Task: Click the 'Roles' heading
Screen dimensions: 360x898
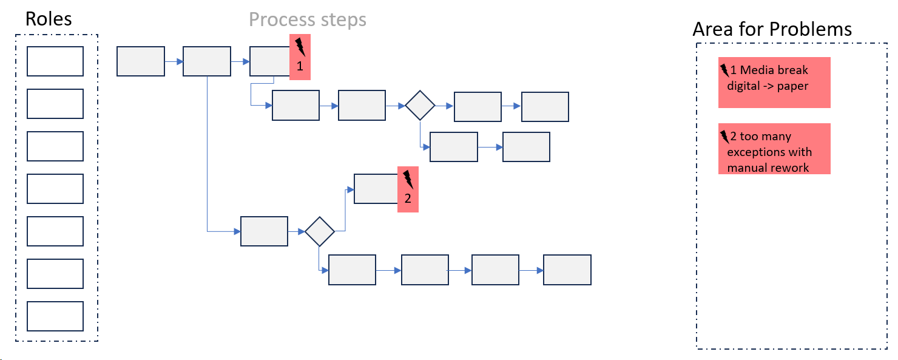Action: point(49,19)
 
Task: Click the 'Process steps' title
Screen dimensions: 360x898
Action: point(308,19)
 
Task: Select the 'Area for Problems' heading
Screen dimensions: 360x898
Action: point(772,29)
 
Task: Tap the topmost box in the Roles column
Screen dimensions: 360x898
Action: point(55,61)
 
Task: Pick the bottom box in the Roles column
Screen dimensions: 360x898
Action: point(55,316)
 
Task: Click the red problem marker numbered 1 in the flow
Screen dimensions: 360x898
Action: point(300,58)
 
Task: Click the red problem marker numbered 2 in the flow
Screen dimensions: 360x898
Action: point(408,189)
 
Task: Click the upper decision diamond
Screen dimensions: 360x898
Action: point(420,106)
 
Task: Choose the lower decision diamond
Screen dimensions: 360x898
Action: point(320,231)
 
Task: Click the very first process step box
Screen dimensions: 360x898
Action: point(140,61)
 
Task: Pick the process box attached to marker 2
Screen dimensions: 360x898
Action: point(376,189)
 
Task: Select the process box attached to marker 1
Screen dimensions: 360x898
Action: point(270,61)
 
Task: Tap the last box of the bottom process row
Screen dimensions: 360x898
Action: point(567,270)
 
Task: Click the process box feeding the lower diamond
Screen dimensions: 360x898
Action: point(264,231)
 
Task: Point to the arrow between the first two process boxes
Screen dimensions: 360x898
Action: point(174,61)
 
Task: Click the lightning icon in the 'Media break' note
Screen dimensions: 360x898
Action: point(724,70)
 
